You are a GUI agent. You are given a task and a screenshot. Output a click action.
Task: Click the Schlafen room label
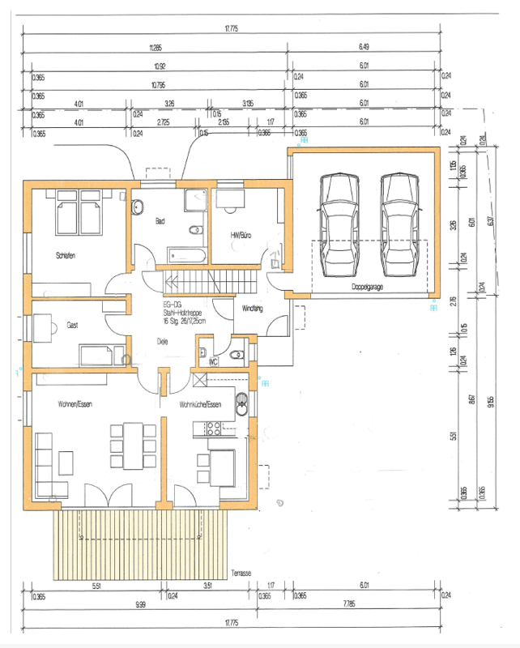pyautogui.click(x=66, y=256)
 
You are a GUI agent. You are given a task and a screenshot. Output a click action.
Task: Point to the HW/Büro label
pyautogui.click(x=240, y=234)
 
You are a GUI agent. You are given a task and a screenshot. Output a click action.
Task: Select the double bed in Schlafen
pyautogui.click(x=78, y=215)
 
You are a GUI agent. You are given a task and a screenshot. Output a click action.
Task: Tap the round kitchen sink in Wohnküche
pyautogui.click(x=241, y=399)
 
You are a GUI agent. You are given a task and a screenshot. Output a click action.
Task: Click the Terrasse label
pyautogui.click(x=240, y=572)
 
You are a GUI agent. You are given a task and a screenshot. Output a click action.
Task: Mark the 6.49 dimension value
pyautogui.click(x=364, y=48)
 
